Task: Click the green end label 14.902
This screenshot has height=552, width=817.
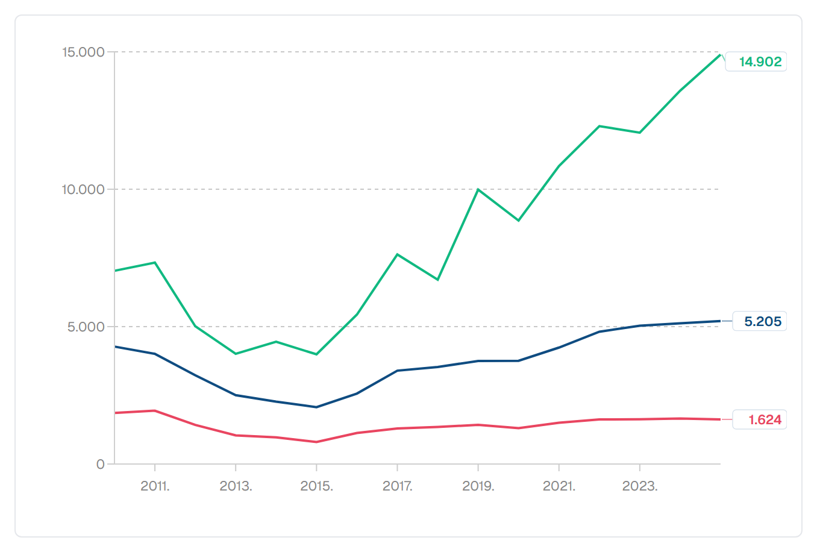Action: [760, 61]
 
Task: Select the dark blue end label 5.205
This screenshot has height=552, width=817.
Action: [763, 321]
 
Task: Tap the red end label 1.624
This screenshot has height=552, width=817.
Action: [765, 419]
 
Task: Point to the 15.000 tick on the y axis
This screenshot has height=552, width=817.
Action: [83, 52]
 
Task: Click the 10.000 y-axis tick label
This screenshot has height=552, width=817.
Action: [83, 189]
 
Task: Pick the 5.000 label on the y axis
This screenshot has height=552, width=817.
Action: [86, 327]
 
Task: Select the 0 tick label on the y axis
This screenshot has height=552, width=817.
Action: [100, 464]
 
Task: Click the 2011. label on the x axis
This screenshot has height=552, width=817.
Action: [155, 486]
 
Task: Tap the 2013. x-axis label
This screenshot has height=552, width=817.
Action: [236, 486]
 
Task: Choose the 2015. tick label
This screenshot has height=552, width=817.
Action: [316, 486]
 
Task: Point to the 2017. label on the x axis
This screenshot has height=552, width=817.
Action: [397, 486]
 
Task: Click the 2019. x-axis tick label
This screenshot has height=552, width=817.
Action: [478, 486]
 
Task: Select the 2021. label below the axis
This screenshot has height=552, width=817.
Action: [559, 486]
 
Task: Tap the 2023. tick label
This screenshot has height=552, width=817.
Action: [640, 486]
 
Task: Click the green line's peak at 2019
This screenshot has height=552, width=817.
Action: [478, 190]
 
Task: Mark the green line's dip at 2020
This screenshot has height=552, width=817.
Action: [519, 221]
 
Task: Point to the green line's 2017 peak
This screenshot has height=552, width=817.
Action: [397, 254]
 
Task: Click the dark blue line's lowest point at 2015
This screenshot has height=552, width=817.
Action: [316, 407]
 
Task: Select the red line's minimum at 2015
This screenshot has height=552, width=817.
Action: [316, 442]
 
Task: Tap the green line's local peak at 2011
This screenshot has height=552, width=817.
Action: [155, 263]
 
